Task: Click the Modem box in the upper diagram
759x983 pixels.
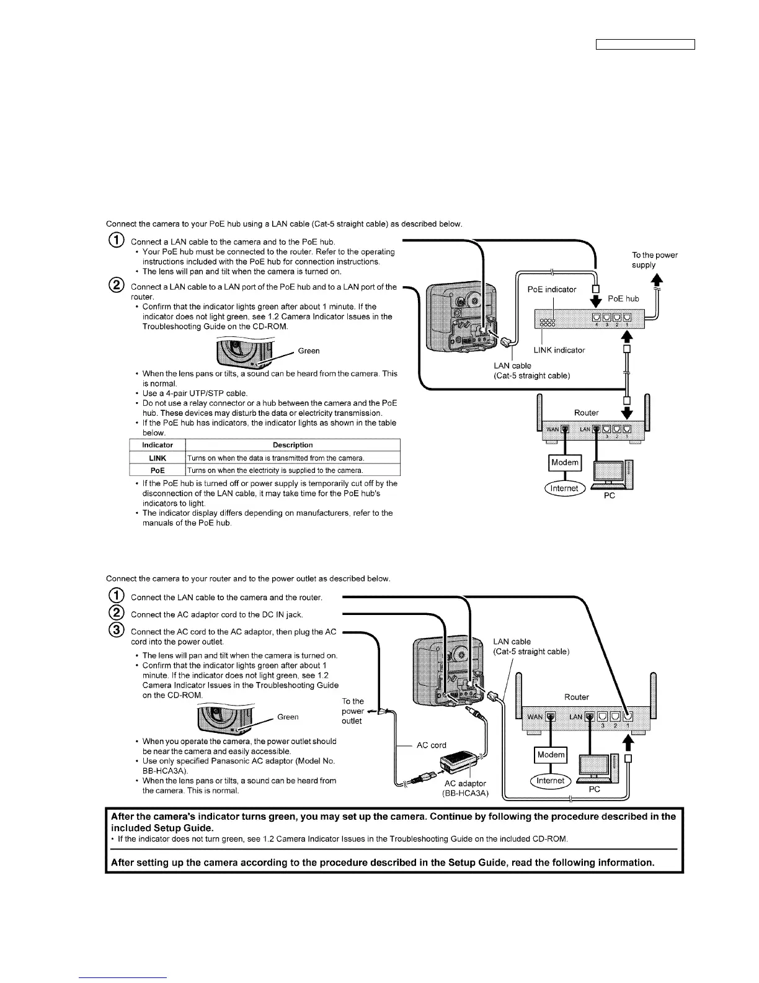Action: (x=564, y=462)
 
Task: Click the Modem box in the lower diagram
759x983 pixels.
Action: (x=551, y=755)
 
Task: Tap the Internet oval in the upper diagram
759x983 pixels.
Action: (x=564, y=488)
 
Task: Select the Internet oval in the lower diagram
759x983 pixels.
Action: (x=550, y=781)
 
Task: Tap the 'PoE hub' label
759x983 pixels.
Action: (x=623, y=298)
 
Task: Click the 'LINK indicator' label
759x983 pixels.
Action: (x=559, y=350)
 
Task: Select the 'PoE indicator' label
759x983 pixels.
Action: (x=551, y=289)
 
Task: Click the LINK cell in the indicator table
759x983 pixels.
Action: (x=158, y=458)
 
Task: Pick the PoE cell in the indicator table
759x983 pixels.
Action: (x=158, y=470)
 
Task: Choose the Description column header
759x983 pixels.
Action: (x=293, y=445)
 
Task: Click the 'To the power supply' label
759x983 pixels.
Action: (x=654, y=260)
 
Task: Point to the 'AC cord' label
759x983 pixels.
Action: (x=431, y=745)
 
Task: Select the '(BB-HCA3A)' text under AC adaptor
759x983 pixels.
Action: (x=465, y=793)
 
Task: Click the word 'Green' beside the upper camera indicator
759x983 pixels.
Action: (x=309, y=351)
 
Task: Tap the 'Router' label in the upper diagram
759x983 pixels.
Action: (x=586, y=413)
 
